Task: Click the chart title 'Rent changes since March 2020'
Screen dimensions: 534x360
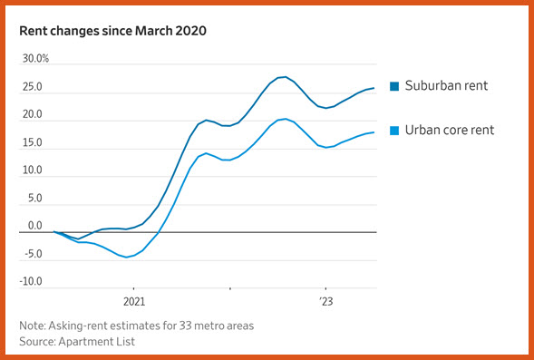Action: (x=112, y=31)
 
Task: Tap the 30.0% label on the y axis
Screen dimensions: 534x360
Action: (x=35, y=59)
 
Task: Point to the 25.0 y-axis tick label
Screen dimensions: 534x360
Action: (x=33, y=87)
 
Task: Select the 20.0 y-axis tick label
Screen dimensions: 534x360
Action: (x=33, y=115)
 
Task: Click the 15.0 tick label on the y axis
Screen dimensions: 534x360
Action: (x=33, y=142)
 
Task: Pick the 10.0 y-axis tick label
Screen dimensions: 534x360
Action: (x=33, y=170)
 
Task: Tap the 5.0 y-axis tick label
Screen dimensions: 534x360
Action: (x=35, y=199)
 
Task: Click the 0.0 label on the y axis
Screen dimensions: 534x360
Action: (x=35, y=226)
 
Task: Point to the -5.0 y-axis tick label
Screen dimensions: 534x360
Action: (x=33, y=254)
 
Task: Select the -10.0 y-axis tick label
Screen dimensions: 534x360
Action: (x=31, y=282)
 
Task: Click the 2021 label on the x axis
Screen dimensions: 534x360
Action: (x=134, y=302)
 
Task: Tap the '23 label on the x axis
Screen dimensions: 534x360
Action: (x=326, y=302)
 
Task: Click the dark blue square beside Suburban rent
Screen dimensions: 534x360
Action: (x=394, y=86)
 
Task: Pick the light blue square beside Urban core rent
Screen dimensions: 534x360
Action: (x=394, y=131)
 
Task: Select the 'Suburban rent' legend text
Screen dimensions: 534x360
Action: (x=446, y=85)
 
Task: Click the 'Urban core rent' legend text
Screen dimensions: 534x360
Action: (x=450, y=130)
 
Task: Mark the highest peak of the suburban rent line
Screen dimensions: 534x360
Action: (x=286, y=77)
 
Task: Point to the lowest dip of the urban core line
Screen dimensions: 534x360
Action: (x=126, y=258)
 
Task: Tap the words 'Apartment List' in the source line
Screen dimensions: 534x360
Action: (x=97, y=342)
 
